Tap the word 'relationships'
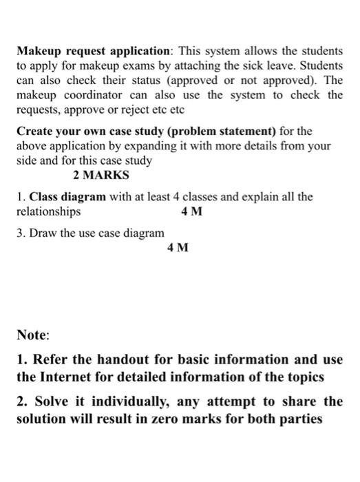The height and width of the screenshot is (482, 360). click(48, 211)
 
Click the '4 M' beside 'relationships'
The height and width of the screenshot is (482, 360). click(191, 212)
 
